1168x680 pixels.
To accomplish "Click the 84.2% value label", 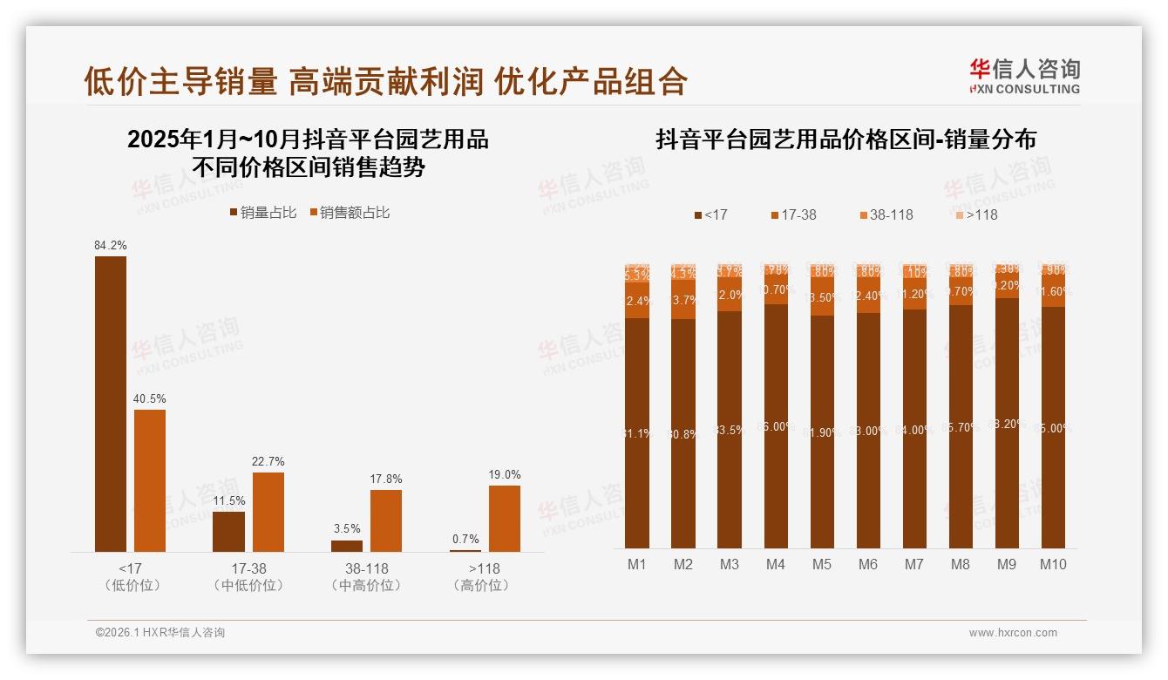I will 111,246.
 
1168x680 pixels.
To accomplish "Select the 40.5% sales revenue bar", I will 150,480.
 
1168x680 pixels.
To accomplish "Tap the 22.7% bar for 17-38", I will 268,512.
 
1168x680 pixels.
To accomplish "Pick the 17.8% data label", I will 386,479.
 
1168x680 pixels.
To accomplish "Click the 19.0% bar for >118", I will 505,518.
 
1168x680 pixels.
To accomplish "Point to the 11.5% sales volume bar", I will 229,531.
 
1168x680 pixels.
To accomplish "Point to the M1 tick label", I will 637,564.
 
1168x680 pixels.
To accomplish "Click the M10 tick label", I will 1053,564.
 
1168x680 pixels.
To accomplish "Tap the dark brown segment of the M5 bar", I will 822,432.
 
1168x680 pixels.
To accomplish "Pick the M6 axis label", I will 868,564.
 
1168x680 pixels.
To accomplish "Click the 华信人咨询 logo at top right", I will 1025,76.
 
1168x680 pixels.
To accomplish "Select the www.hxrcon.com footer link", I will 1013,633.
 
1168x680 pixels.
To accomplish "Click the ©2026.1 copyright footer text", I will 160,633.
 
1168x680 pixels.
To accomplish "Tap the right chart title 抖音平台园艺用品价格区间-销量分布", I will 845,139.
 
